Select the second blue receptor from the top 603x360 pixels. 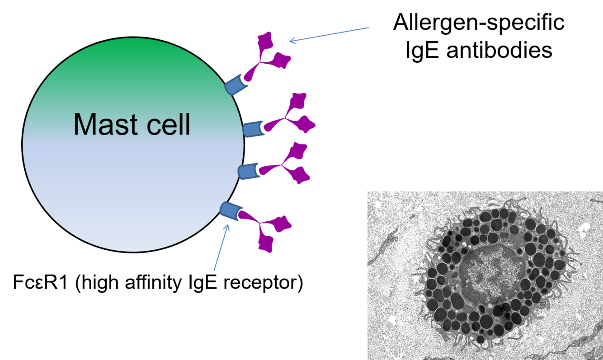(254, 129)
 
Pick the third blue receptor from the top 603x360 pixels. (249, 171)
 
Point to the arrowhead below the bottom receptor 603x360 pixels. (227, 227)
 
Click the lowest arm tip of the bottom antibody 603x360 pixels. (266, 246)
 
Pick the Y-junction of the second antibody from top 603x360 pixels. (285, 119)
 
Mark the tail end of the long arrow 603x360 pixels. (369, 28)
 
